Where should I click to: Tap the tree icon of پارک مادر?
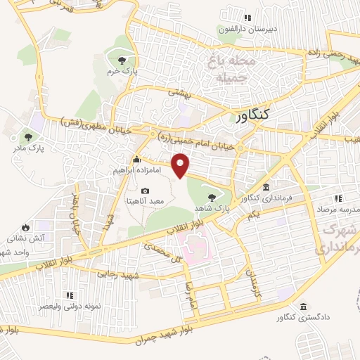click(27, 137)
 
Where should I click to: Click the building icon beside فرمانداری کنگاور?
click(267, 187)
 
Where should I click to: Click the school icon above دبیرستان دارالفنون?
click(247, 18)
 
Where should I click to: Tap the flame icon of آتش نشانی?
click(26, 228)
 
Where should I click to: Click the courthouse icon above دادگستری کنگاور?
click(303, 307)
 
